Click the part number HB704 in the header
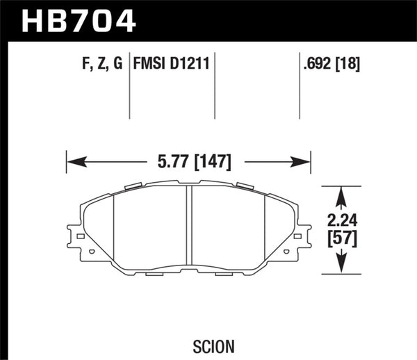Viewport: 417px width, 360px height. (78, 20)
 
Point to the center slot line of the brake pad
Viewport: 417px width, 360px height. (188, 229)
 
